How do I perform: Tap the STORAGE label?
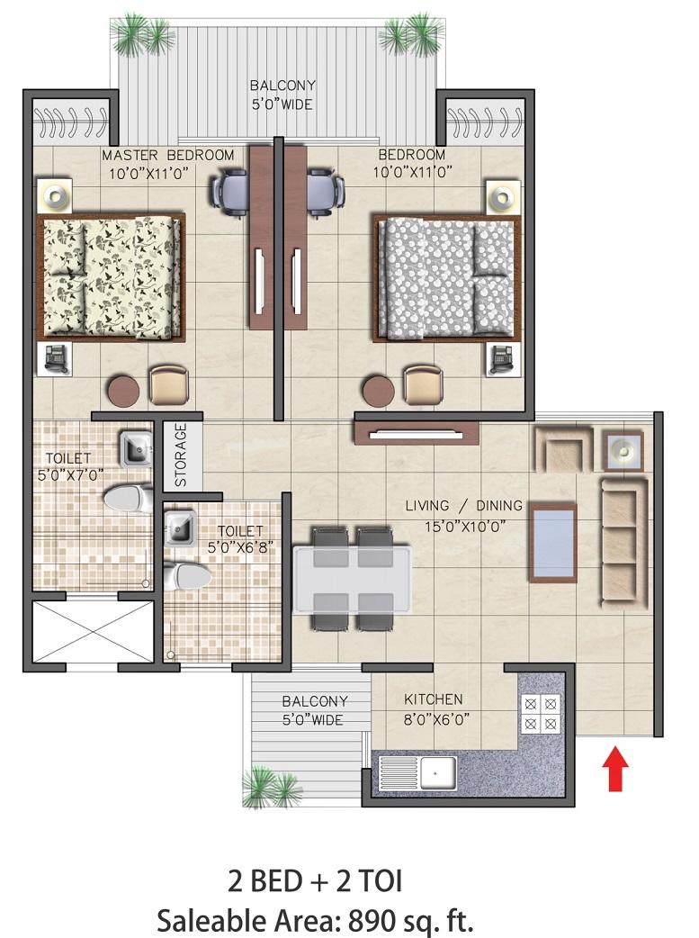(x=181, y=455)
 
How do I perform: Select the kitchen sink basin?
(x=438, y=772)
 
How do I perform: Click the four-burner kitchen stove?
(x=541, y=714)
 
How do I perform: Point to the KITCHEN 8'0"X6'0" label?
(x=434, y=708)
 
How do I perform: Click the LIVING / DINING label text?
(x=464, y=506)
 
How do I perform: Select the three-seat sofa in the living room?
(x=623, y=541)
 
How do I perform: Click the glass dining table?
(x=352, y=578)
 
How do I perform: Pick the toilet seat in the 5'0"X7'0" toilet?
(x=129, y=498)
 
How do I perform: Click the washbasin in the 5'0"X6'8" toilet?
(x=179, y=528)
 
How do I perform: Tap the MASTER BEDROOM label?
(x=168, y=156)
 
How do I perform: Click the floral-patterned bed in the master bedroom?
(x=111, y=276)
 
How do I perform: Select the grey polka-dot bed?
(x=447, y=278)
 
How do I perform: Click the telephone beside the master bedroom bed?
(x=55, y=359)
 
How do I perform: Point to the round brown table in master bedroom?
(x=124, y=390)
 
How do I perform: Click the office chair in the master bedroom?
(x=228, y=191)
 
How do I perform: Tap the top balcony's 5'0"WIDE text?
(x=282, y=104)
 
